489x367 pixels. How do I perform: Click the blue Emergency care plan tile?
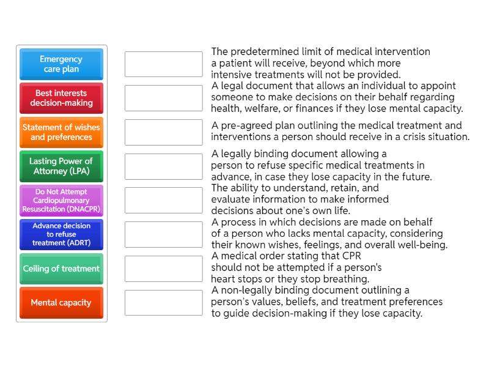(x=61, y=64)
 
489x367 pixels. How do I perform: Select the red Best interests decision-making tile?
(x=61, y=98)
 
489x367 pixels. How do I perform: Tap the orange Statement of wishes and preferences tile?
(x=61, y=132)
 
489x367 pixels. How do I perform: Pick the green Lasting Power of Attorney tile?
(x=61, y=166)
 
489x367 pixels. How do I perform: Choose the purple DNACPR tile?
(x=61, y=201)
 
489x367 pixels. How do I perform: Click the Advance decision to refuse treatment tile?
(x=61, y=234)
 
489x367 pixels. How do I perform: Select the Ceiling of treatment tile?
(x=61, y=269)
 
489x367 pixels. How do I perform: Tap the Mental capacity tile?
(x=61, y=303)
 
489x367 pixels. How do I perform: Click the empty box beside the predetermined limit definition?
(x=163, y=64)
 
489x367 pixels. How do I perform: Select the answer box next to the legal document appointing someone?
(x=163, y=98)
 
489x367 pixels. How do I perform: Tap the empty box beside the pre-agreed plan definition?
(x=163, y=132)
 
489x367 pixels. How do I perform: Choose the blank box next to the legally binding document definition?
(x=163, y=166)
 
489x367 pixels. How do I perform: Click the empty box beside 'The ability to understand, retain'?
(x=163, y=201)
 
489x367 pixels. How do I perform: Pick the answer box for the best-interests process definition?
(x=163, y=234)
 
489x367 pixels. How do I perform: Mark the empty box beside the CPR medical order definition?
(x=163, y=269)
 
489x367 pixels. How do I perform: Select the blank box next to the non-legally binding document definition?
(x=163, y=303)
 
